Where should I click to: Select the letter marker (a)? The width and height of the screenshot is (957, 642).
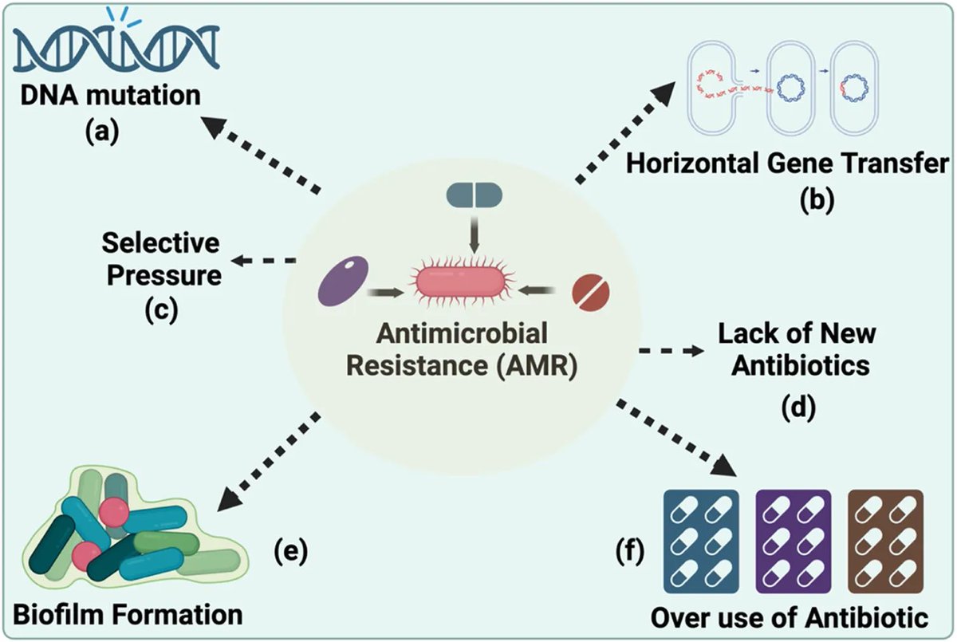click(102, 130)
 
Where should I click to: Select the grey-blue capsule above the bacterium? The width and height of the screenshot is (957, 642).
click(474, 195)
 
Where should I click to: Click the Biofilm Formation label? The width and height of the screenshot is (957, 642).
click(127, 615)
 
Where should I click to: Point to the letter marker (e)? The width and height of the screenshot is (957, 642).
click(289, 552)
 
